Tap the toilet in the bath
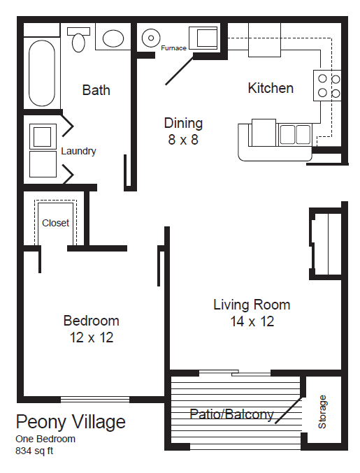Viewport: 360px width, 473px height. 78,39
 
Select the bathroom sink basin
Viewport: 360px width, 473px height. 112,38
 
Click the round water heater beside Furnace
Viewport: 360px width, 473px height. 150,37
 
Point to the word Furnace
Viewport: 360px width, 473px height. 173,48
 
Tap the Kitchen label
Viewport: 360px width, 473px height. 271,89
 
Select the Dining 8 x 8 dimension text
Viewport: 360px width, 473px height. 183,140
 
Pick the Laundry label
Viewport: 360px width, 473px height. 78,151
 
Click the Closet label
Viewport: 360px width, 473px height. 56,224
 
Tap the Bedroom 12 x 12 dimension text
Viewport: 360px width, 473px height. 91,337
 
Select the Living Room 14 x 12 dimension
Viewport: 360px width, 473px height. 252,321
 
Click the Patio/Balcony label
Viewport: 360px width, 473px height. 231,414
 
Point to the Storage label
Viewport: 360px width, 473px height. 322,412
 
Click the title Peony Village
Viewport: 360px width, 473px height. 71,422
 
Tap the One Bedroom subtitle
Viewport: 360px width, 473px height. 45,439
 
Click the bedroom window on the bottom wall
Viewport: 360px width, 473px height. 95,400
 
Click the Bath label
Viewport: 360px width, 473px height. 96,90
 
